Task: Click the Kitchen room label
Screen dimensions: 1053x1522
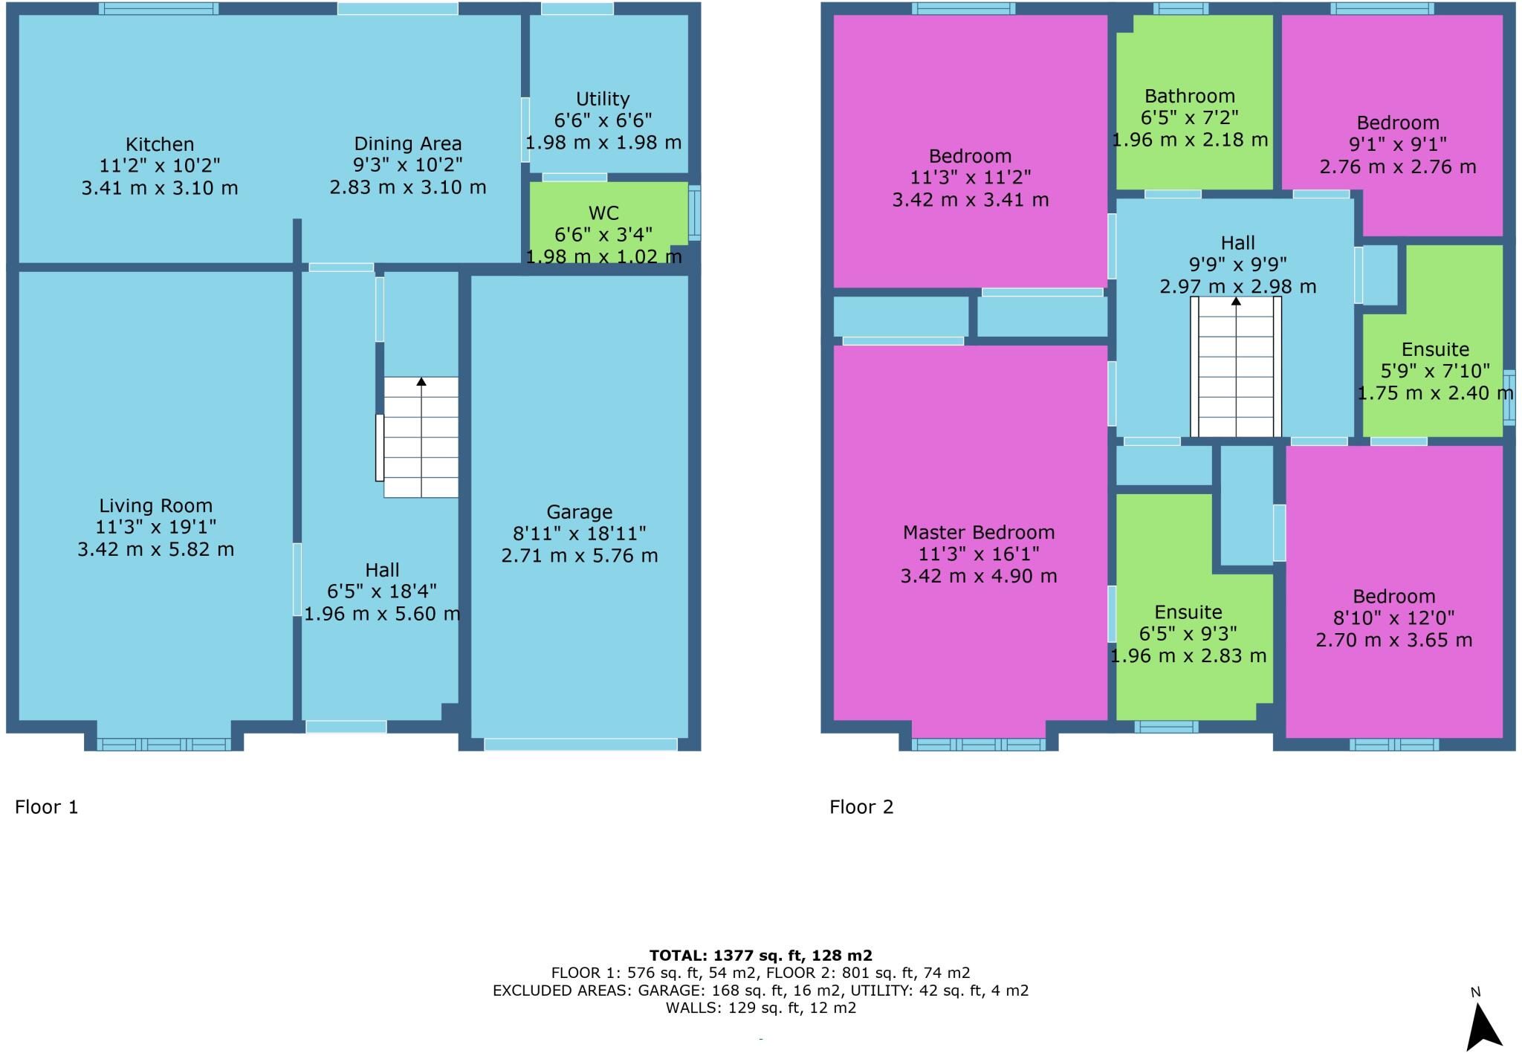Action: (159, 144)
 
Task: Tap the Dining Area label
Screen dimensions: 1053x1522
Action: (407, 143)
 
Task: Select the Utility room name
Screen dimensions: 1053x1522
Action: (603, 99)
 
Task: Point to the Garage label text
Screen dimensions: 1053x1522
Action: (579, 512)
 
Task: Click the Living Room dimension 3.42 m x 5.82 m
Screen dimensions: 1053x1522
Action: (155, 549)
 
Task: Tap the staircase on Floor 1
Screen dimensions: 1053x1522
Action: (421, 437)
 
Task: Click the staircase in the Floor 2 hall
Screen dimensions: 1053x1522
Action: (1236, 367)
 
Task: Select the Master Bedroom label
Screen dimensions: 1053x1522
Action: (978, 532)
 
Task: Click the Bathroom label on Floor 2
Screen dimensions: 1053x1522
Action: (1189, 96)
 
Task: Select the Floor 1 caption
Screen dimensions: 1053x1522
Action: (46, 807)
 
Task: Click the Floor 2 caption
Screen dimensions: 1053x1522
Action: (861, 807)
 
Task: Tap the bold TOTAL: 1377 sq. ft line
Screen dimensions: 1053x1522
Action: (760, 956)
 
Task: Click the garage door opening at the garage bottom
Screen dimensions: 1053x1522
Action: (580, 744)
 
